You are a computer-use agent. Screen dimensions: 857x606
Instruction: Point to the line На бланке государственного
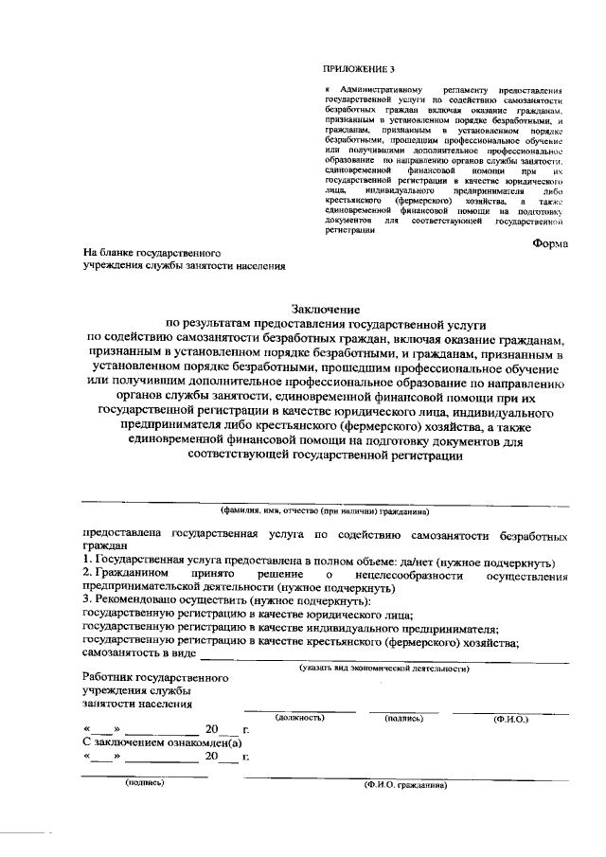click(x=152, y=254)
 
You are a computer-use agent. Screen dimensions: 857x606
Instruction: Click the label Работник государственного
click(x=155, y=679)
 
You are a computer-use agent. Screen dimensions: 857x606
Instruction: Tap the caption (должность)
click(x=301, y=719)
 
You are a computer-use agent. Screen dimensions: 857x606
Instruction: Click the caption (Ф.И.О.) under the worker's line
click(x=510, y=720)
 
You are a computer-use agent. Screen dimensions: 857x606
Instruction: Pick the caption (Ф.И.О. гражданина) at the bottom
click(x=400, y=785)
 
